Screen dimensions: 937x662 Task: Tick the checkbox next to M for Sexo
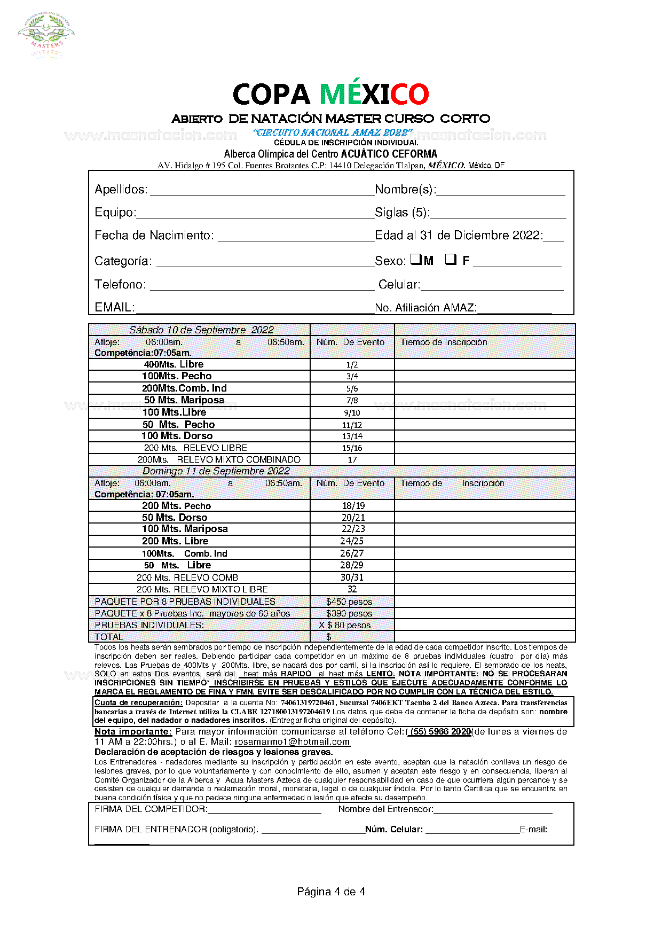(416, 260)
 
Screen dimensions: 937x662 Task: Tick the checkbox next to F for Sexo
(451, 260)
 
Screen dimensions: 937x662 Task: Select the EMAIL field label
(113, 308)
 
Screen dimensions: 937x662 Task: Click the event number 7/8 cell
(352, 401)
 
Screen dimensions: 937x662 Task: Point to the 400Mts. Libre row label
(174, 364)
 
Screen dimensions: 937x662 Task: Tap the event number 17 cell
(352, 460)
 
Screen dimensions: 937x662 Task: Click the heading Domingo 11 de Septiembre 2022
(216, 471)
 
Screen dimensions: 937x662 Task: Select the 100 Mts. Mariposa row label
(185, 529)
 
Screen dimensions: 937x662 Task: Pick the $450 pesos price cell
(349, 602)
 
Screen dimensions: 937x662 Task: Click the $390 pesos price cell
(349, 614)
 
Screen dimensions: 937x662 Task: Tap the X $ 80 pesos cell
(345, 626)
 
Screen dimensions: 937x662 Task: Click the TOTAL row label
(109, 637)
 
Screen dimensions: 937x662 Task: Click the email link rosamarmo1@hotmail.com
(292, 742)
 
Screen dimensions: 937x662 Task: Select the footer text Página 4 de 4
(331, 892)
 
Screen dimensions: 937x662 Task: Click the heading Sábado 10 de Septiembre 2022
(201, 330)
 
